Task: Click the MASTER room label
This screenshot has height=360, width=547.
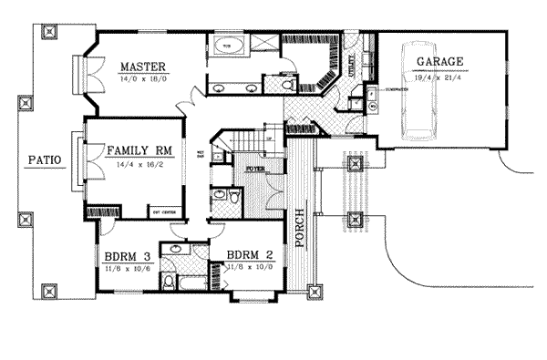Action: pyautogui.click(x=140, y=67)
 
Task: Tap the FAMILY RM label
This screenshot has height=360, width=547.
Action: pyautogui.click(x=140, y=149)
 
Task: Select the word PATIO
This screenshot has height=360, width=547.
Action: pyautogui.click(x=43, y=160)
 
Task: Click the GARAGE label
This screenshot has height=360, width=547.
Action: pyautogui.click(x=440, y=63)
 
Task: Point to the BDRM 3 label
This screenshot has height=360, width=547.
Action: pyautogui.click(x=128, y=256)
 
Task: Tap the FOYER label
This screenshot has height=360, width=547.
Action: pyautogui.click(x=255, y=168)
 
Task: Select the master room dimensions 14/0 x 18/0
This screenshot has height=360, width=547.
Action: pyautogui.click(x=140, y=79)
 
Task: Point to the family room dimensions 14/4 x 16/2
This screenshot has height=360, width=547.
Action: pyautogui.click(x=140, y=161)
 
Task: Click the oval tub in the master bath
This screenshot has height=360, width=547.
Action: pyautogui.click(x=226, y=46)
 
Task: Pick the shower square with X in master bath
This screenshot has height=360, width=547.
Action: pyautogui.click(x=263, y=46)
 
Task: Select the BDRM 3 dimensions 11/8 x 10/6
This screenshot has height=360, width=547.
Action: pyautogui.click(x=128, y=268)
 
